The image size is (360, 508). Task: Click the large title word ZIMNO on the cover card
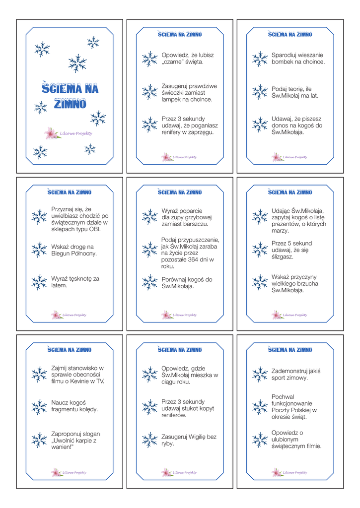pos(70,104)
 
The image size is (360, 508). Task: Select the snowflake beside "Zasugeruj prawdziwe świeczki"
pos(149,92)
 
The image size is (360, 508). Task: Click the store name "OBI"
pos(95,230)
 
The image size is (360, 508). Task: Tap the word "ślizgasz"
pos(283,257)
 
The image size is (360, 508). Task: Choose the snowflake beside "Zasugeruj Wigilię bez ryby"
pos(149,440)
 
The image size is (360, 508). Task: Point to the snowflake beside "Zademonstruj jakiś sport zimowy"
pos(259,374)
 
